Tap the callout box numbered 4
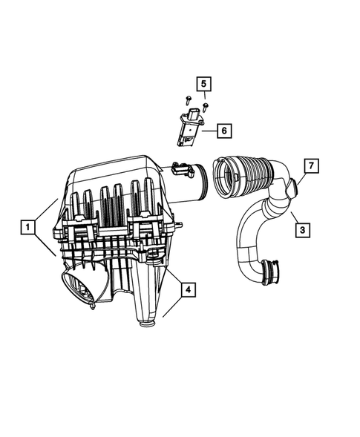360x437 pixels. [x=189, y=289]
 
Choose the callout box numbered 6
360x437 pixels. [x=223, y=131]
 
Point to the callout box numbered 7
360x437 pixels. [x=311, y=165]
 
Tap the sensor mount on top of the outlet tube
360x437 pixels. [x=180, y=168]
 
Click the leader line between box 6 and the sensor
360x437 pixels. [x=209, y=131]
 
